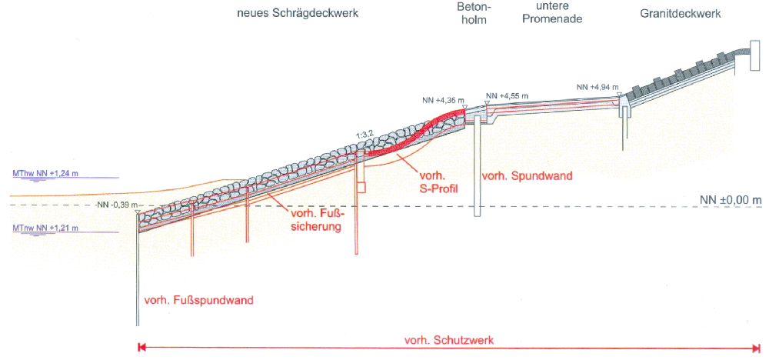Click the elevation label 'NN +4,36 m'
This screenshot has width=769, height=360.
[x=441, y=100]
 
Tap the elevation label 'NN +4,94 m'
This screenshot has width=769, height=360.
[x=597, y=88]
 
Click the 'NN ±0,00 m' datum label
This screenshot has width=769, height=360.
[x=731, y=200]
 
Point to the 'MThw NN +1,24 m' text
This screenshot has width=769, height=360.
[x=42, y=174]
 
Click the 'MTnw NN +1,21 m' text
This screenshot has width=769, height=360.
[x=42, y=228]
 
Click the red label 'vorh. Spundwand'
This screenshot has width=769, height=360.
[x=527, y=176]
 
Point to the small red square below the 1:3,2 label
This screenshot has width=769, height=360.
[x=361, y=187]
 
